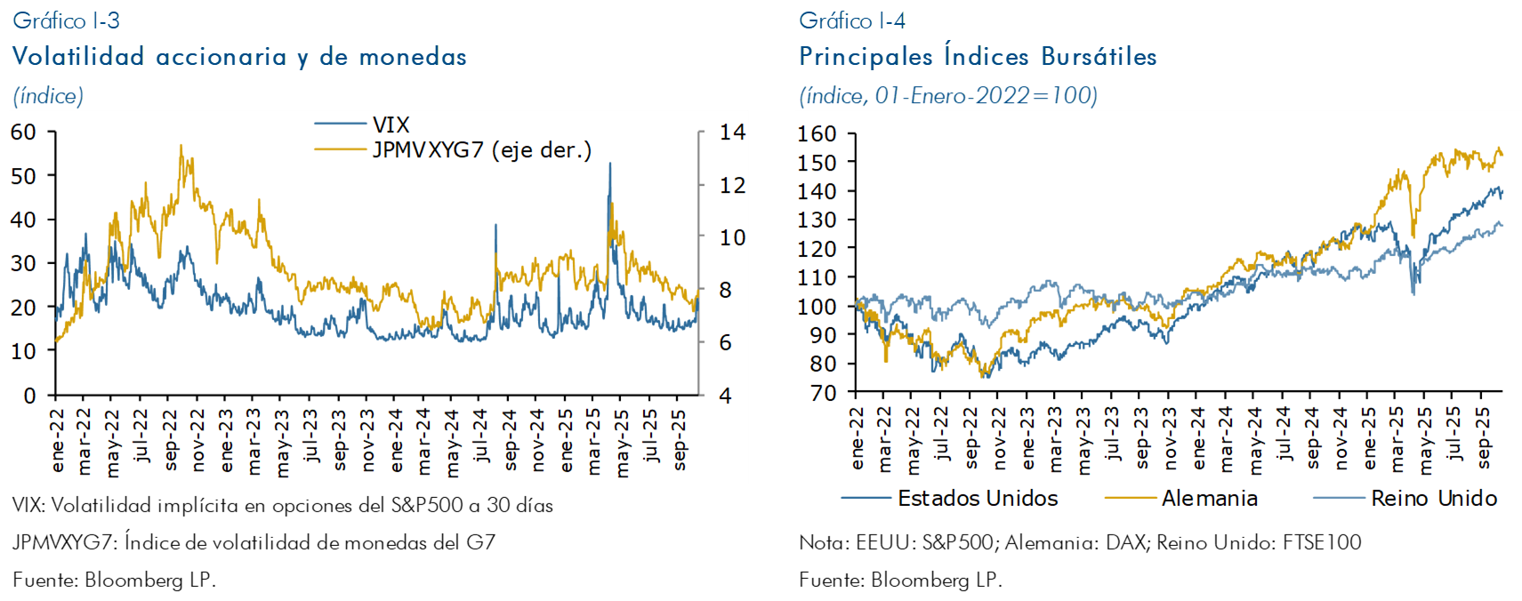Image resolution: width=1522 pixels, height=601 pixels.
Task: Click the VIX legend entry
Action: coord(391,124)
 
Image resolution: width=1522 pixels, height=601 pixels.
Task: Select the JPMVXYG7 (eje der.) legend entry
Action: coord(481,149)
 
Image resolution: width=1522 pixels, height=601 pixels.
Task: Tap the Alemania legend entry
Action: coord(1209,499)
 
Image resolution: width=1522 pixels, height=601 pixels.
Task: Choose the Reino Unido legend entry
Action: coord(1433,499)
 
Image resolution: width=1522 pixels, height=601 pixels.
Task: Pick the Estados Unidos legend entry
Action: coord(978,499)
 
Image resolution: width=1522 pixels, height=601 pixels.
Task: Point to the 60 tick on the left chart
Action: coord(23,132)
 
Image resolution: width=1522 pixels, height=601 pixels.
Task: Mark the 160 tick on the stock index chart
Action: coord(817,133)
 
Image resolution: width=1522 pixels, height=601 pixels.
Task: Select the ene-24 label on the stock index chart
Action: coord(1197,437)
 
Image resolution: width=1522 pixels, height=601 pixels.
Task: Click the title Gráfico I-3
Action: coord(66,20)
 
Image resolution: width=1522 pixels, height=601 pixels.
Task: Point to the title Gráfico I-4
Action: coord(852,20)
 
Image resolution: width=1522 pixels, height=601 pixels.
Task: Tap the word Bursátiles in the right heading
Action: coord(1099,56)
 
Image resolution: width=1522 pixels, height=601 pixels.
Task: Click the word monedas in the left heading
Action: coord(413,56)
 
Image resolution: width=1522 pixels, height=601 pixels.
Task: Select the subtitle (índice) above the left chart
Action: coord(48,95)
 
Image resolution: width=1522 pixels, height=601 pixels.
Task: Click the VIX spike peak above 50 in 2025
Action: coord(610,163)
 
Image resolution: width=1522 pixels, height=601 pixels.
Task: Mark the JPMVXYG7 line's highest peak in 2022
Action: coord(181,145)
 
